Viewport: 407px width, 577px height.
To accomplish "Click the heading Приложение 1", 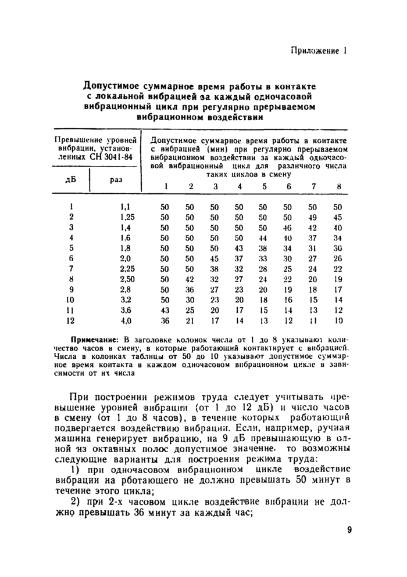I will (318, 51).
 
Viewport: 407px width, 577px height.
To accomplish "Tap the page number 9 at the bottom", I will (341, 529).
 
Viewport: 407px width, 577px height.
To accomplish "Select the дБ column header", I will (72, 179).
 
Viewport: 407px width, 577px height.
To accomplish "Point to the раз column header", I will (116, 180).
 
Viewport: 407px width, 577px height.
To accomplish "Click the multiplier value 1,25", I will (127, 217).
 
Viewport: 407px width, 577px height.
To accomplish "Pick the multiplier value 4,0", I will (126, 321).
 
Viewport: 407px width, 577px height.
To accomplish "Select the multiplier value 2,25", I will (127, 269).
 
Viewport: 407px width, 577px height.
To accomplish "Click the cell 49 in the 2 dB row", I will (313, 217).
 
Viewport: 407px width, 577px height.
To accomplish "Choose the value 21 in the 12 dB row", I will (190, 321).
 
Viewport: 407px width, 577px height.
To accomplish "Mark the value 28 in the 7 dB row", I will (264, 269).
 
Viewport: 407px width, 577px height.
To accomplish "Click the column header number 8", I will (338, 186).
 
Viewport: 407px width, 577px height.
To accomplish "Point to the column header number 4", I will (239, 186).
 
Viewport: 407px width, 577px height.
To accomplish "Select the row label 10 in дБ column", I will (71, 300).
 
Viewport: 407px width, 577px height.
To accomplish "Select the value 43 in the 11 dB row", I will (165, 311).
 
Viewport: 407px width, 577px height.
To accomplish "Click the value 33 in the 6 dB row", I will (264, 258).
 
